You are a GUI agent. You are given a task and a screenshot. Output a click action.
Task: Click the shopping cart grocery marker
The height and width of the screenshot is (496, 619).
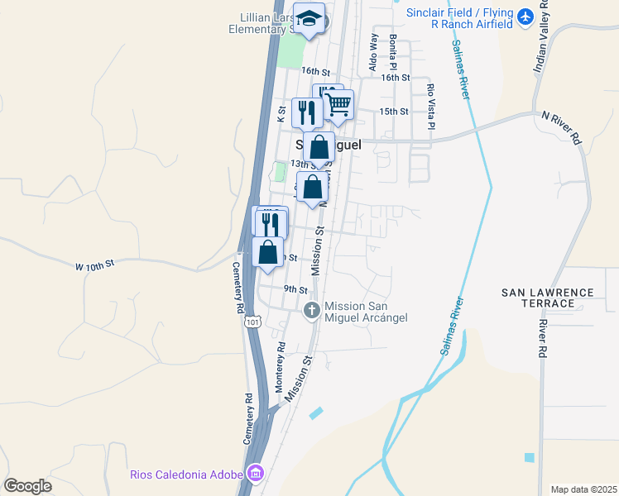click(338, 106)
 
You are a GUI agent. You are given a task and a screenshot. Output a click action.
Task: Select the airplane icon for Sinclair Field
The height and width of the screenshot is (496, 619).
click(525, 17)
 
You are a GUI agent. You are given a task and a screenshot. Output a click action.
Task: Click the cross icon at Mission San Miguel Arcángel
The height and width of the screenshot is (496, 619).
click(312, 311)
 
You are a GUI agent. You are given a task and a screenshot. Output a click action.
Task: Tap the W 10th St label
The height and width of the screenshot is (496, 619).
click(94, 264)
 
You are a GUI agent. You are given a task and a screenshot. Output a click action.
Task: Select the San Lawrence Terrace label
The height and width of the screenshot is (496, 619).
click(548, 298)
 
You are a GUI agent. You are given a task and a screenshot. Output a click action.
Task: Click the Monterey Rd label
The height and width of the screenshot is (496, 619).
click(280, 367)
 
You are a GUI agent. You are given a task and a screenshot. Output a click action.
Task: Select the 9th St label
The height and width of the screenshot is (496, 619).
click(295, 289)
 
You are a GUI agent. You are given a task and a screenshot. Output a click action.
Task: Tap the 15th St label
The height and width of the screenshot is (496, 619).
click(393, 111)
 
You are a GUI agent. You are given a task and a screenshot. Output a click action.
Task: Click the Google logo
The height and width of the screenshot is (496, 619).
click(27, 486)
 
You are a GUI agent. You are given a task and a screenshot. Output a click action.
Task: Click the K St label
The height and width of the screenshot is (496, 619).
click(281, 114)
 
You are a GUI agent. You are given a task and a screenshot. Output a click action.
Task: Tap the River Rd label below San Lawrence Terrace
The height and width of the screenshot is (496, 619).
click(543, 339)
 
